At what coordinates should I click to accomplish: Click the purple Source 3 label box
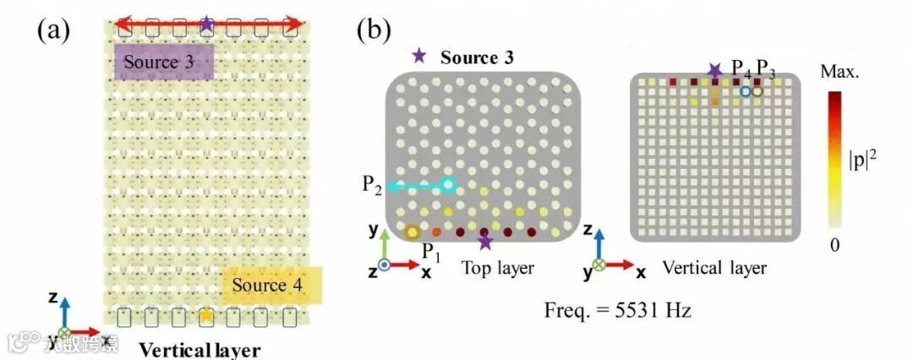[x=163, y=63]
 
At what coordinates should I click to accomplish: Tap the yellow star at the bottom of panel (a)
[x=205, y=316]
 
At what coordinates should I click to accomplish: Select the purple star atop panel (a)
[x=207, y=24]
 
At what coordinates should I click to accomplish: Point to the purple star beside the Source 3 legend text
[x=418, y=57]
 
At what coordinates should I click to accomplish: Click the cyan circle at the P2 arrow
[x=448, y=184]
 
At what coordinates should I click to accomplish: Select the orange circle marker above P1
[x=412, y=232]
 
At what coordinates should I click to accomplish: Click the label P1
[x=431, y=253]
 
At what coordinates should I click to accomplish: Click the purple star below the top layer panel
[x=484, y=243]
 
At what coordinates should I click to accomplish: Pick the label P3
[x=766, y=66]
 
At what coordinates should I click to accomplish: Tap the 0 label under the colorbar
[x=837, y=245]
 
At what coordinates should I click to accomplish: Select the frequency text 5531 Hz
[x=618, y=310]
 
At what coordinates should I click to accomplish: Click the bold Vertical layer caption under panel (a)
[x=200, y=349]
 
